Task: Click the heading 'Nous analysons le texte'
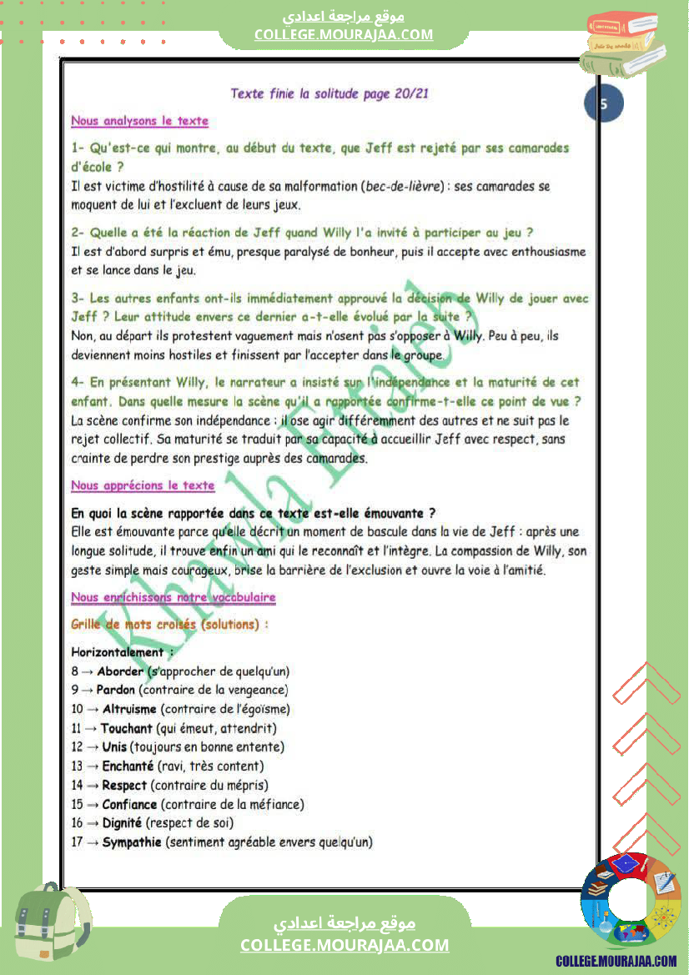tap(139, 121)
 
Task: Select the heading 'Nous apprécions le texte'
tap(143, 485)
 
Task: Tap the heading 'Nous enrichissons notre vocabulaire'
tap(174, 597)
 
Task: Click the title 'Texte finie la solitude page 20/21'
tap(329, 93)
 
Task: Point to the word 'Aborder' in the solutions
tap(120, 671)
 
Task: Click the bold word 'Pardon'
tap(116, 690)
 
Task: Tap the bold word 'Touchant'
tap(128, 728)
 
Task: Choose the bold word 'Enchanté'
tap(127, 766)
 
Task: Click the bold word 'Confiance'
tap(129, 804)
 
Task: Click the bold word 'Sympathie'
tap(132, 842)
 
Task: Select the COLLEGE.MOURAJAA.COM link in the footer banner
tap(344, 945)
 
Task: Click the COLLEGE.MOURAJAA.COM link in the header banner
tap(344, 34)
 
